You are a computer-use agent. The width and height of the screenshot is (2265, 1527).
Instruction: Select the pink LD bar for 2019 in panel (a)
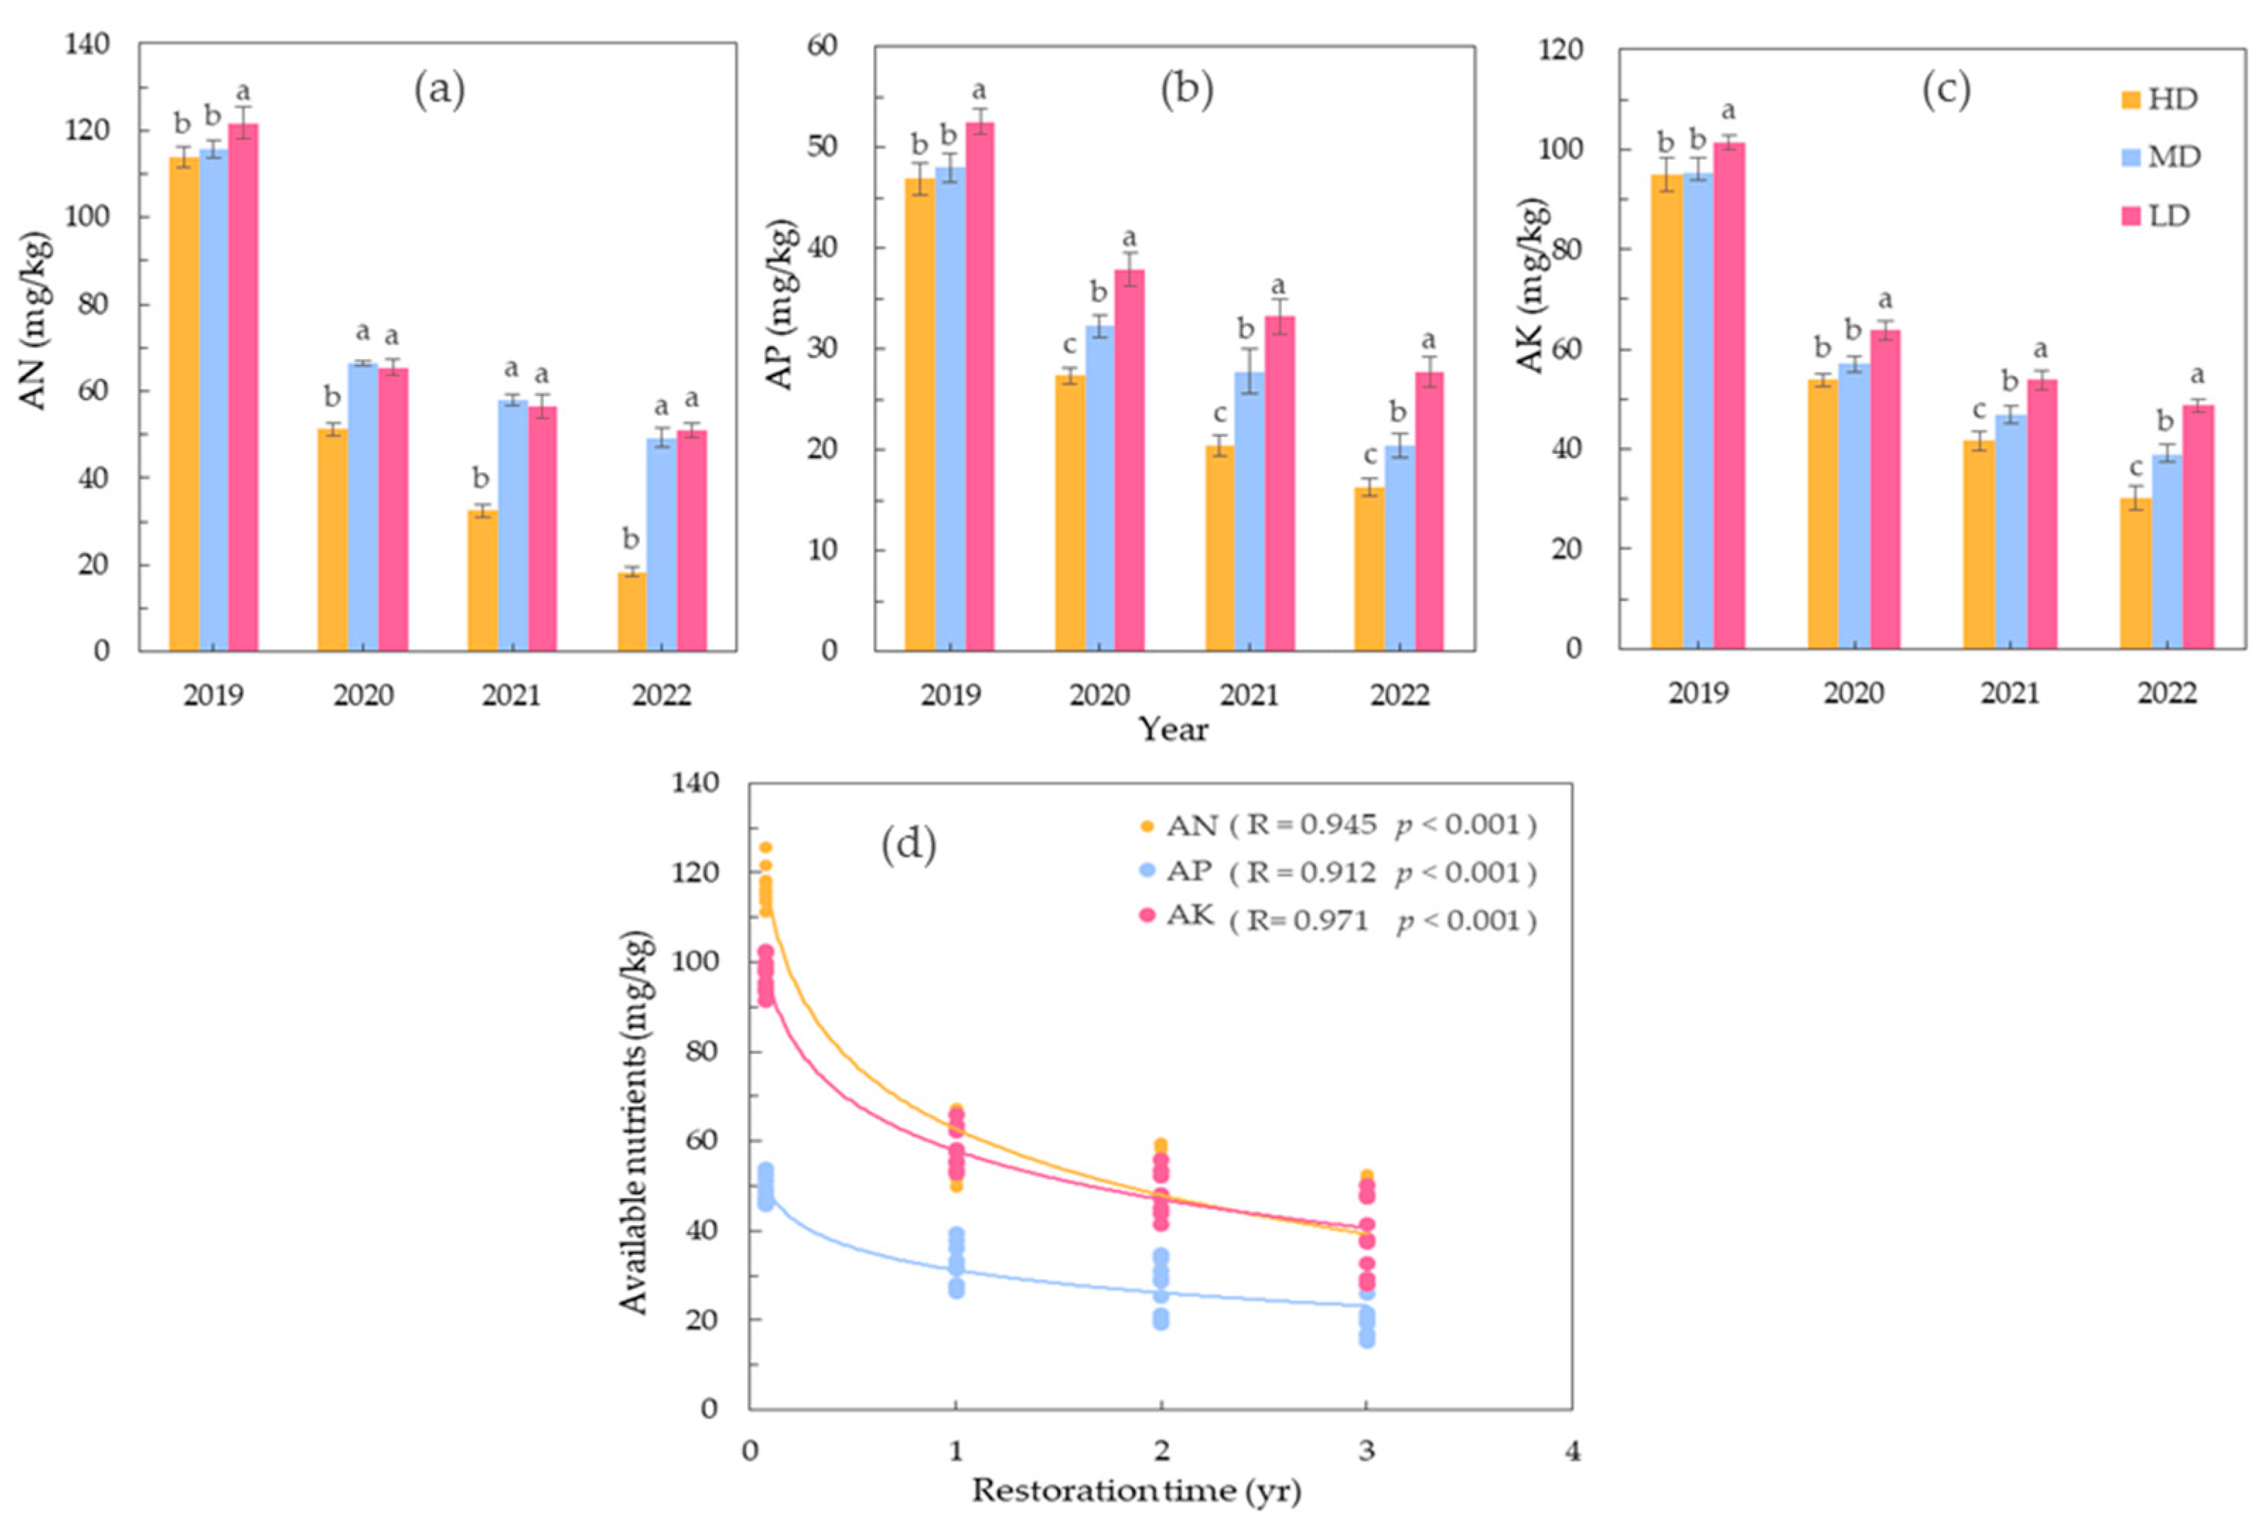tap(243, 387)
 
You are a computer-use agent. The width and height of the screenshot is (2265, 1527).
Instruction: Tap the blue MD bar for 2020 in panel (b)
tap(1100, 488)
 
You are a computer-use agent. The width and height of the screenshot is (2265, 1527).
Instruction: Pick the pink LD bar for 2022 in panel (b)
tap(1429, 511)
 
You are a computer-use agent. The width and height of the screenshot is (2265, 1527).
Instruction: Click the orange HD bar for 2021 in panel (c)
tap(1978, 544)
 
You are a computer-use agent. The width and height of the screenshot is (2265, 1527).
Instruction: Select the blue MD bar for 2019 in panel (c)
tap(1697, 410)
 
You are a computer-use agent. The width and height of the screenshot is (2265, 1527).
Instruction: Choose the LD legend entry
tap(2155, 215)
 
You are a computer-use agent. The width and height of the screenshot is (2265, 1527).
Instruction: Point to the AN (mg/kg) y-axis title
tap(35, 322)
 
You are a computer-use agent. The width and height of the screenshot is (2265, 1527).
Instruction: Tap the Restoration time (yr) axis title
tap(1136, 1492)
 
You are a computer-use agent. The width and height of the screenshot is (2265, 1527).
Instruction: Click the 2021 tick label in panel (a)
tap(511, 696)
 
